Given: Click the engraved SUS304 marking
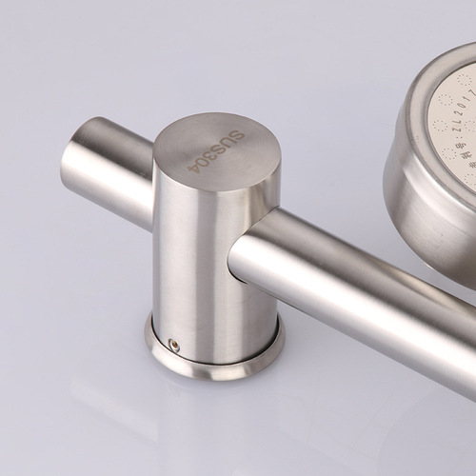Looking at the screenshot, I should pos(217,150).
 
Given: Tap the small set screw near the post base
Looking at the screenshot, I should pos(173,344).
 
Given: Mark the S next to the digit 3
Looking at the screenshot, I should pos(220,148).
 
